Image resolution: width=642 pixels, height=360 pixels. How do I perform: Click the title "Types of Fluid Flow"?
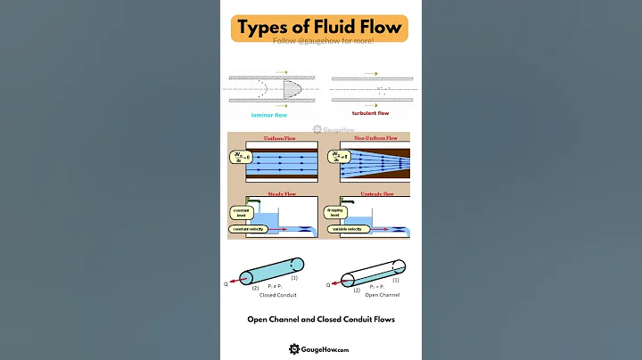[x=320, y=28]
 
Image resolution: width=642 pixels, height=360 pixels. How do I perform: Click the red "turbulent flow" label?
[x=371, y=113]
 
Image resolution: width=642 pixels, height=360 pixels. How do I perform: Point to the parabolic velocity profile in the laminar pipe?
[x=293, y=89]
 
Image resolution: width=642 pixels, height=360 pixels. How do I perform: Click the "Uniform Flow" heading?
[x=277, y=138]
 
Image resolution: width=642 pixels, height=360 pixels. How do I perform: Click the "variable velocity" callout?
[x=347, y=229]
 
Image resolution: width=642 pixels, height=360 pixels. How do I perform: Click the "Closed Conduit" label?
[x=271, y=294]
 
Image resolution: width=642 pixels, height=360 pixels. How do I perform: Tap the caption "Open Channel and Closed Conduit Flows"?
[x=321, y=319]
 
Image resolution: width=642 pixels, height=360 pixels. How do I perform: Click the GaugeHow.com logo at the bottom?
[x=320, y=349]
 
